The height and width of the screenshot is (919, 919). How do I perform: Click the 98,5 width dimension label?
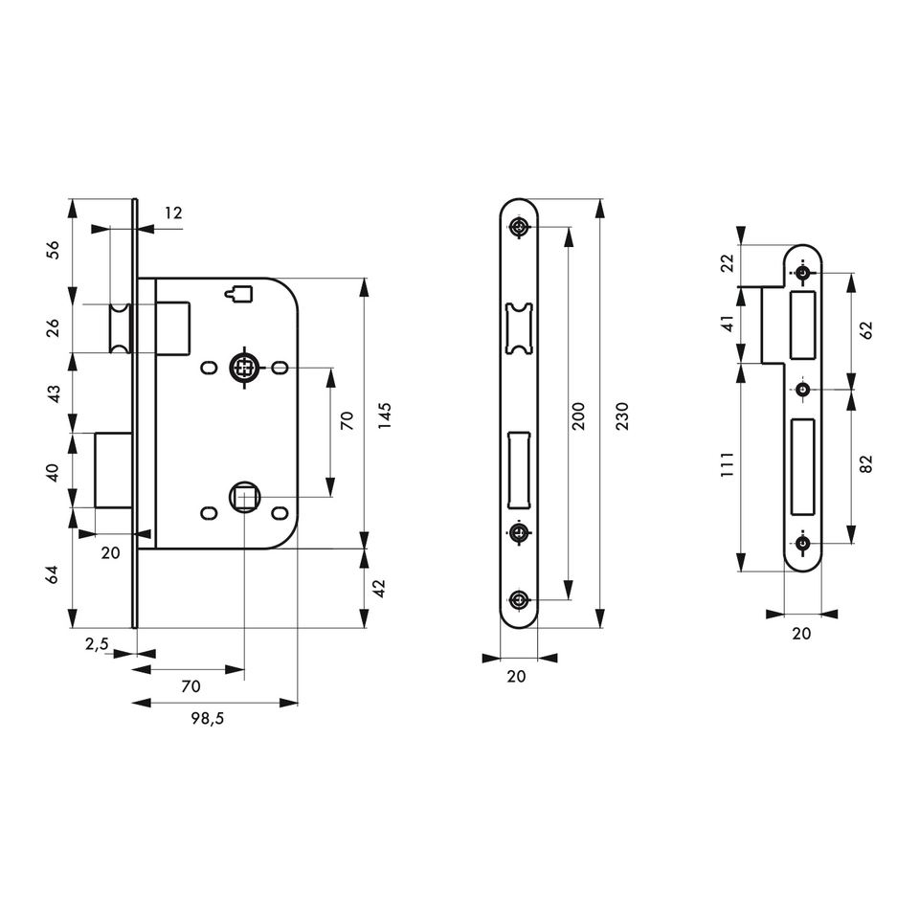(x=208, y=718)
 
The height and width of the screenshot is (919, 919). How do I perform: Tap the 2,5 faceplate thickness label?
(x=97, y=644)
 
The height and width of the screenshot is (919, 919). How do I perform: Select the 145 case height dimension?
(x=385, y=415)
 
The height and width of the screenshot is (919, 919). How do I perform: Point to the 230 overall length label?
(x=622, y=415)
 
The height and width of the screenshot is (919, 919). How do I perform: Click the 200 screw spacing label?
(x=578, y=415)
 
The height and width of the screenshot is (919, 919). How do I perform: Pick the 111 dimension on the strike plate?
(x=728, y=464)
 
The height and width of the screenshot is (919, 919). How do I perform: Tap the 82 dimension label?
(x=867, y=463)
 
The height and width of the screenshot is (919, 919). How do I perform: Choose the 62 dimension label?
(x=867, y=329)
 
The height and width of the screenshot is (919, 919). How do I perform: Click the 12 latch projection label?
(x=173, y=213)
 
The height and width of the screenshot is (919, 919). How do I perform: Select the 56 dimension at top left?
(x=54, y=250)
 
